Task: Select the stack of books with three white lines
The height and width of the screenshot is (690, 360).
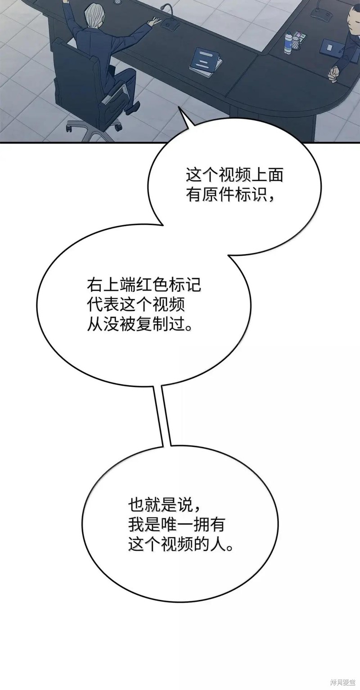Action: pyautogui.click(x=205, y=62)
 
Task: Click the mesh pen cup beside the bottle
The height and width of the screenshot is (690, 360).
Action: pyautogui.click(x=296, y=42)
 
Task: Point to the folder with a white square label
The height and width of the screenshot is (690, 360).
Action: pyautogui.click(x=330, y=47)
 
